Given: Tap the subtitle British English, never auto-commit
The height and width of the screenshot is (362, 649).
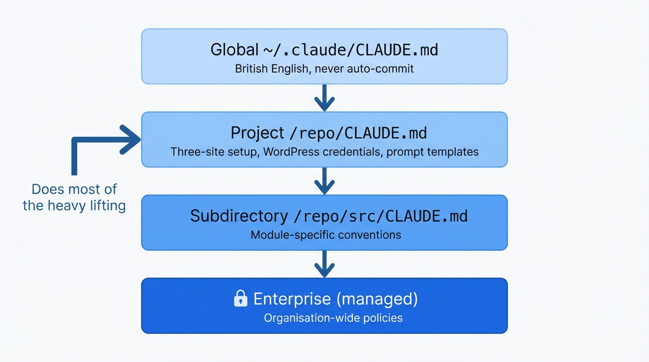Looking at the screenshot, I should (x=324, y=69).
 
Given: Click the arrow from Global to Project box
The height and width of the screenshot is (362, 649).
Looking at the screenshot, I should (x=324, y=98).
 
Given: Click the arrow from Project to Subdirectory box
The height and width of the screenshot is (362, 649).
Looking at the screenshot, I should (x=324, y=181).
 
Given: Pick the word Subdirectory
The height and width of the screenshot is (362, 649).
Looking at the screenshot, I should (x=239, y=216).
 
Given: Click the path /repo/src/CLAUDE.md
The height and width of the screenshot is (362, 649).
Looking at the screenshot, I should (x=380, y=216).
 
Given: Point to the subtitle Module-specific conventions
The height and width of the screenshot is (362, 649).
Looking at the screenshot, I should (x=325, y=235).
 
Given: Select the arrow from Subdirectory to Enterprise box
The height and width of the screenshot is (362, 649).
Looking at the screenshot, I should (x=324, y=264).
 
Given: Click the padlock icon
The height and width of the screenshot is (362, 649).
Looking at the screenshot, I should (x=241, y=299).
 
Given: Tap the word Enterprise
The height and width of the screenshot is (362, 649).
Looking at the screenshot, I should (x=292, y=299).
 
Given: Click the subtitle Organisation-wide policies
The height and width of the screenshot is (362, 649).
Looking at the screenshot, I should (x=333, y=318).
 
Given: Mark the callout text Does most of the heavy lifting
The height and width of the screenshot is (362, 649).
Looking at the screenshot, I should (x=74, y=197).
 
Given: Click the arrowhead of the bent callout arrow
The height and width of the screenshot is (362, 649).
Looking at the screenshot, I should (x=132, y=140).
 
